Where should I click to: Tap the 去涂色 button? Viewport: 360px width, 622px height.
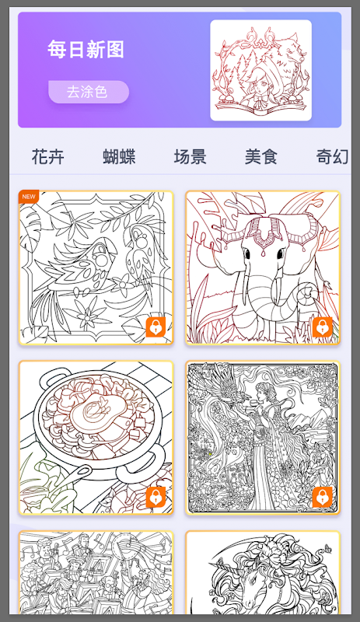[89, 92]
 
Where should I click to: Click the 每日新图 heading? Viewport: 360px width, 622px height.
[86, 49]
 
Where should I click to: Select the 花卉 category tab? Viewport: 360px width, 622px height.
[47, 156]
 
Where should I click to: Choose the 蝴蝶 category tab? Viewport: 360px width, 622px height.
[119, 156]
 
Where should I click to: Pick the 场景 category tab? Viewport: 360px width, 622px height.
[190, 156]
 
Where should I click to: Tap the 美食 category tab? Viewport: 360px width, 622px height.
[261, 156]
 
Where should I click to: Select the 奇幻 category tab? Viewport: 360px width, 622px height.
[333, 156]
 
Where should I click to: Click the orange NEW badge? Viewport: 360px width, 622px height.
[28, 197]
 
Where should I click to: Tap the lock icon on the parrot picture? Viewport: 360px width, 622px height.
[156, 327]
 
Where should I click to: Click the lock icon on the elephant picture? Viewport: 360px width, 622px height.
[323, 327]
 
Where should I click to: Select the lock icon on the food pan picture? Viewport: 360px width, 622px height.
[156, 497]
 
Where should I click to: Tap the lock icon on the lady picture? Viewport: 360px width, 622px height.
[323, 497]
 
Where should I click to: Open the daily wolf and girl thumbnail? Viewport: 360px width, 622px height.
[260, 70]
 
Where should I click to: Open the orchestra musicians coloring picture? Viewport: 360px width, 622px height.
[96, 572]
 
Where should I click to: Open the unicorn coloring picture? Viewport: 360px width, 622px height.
[263, 572]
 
